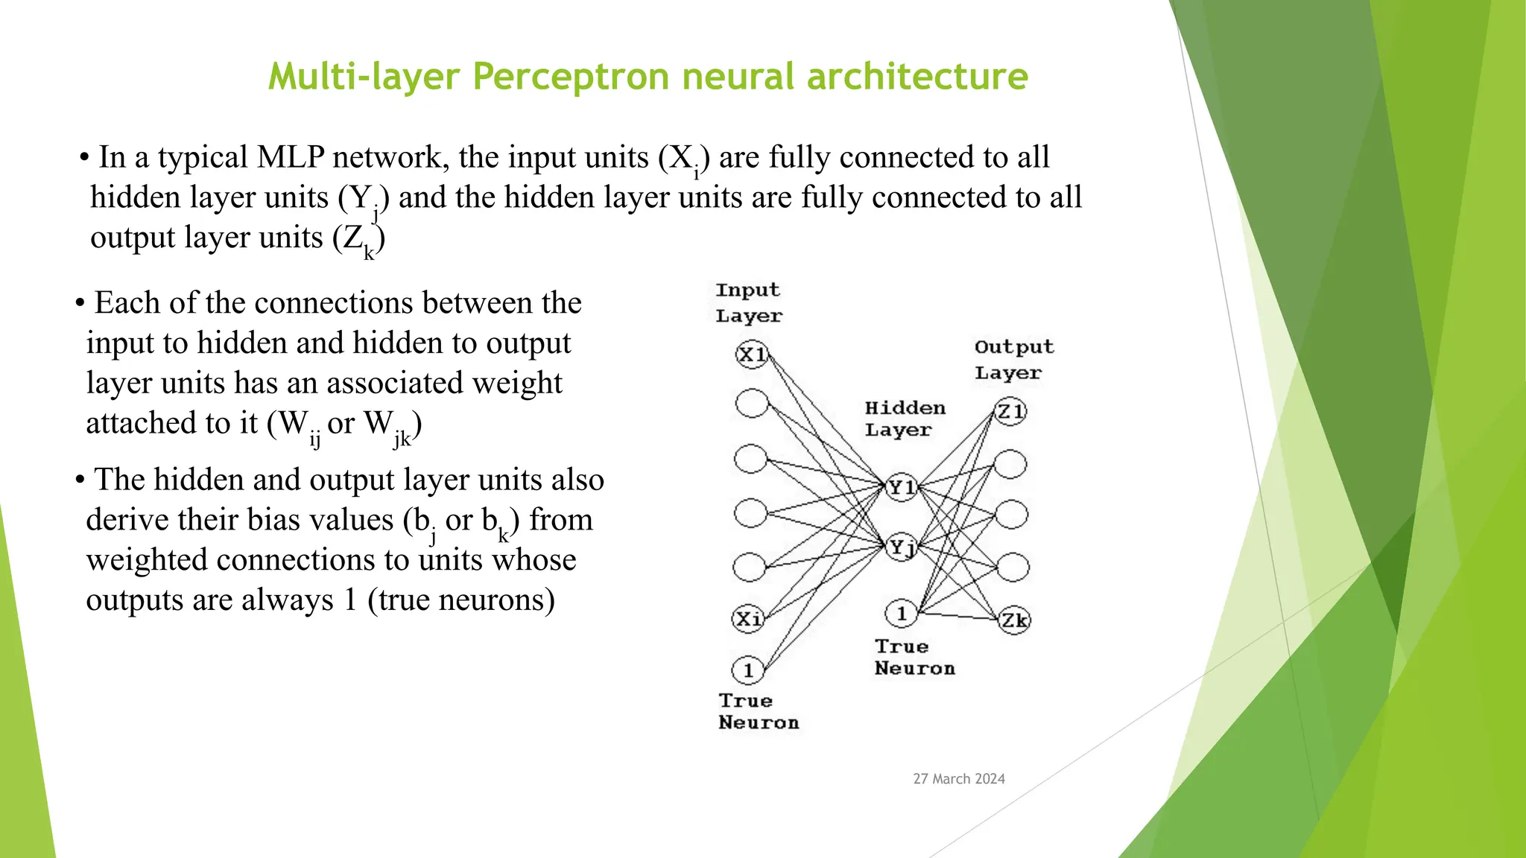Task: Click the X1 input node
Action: (752, 355)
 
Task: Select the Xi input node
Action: (748, 618)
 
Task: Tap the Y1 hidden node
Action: (902, 488)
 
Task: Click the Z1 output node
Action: (1010, 411)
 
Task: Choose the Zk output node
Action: (1014, 620)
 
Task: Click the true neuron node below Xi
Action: (748, 670)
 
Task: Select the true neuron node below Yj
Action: (901, 613)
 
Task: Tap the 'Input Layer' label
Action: (748, 302)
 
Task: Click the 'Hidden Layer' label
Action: (904, 419)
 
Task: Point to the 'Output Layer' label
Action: (1013, 360)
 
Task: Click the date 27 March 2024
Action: (959, 779)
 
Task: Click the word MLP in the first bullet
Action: (290, 157)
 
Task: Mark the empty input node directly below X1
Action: (751, 403)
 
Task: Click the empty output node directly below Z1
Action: (1010, 464)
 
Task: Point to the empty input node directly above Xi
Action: (749, 567)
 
